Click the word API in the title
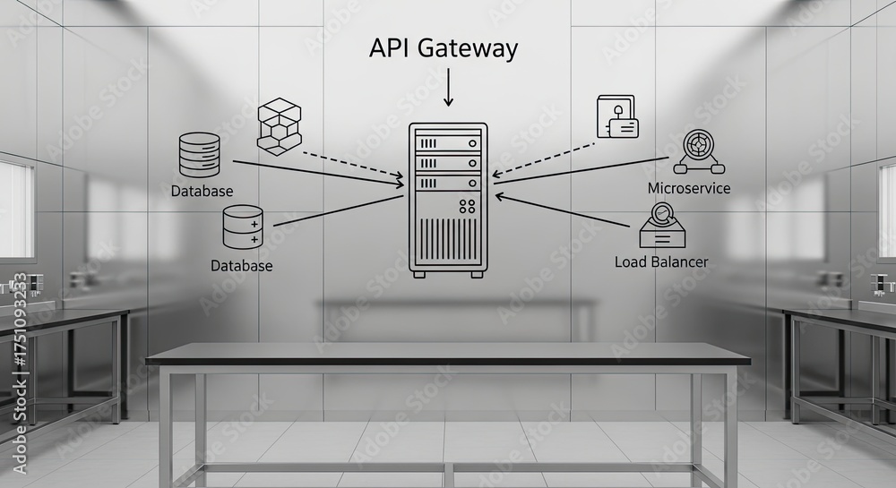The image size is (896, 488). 391,48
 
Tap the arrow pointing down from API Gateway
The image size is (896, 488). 448,90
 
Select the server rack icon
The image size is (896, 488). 448,199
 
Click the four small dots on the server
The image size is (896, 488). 467,207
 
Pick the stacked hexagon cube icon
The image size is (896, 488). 280,124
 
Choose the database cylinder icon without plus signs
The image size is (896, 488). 199,154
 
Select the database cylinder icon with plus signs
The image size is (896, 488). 243,227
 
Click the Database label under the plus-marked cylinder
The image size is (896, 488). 241,266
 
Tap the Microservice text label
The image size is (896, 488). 688,188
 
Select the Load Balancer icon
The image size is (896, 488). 662,226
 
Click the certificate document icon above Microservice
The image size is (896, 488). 616,117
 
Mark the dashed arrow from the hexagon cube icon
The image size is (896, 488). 349,164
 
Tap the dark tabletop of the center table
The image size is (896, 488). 448,355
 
